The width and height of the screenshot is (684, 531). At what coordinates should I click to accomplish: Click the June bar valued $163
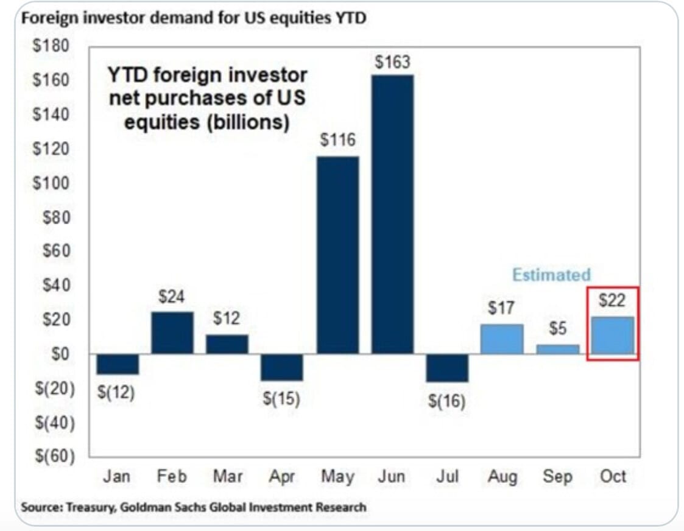coord(392,214)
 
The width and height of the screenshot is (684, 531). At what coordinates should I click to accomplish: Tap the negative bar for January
coord(118,364)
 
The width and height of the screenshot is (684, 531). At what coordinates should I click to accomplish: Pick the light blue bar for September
coord(558,350)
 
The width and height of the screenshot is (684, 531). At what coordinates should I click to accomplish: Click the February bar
coord(172,332)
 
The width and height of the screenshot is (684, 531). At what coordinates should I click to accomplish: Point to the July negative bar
coord(448,368)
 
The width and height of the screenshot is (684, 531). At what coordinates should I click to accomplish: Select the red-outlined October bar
coord(613,336)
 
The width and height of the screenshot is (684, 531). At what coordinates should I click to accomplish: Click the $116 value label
coord(338,141)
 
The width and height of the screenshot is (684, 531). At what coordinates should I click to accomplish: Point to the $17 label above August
coord(502,308)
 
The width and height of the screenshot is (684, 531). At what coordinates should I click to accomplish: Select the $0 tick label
coord(60,354)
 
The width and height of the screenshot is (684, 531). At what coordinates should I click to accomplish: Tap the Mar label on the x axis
coord(227,476)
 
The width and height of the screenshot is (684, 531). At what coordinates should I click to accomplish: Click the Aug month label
coord(502,476)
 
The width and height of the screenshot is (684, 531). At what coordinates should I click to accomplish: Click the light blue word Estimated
coord(551,275)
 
